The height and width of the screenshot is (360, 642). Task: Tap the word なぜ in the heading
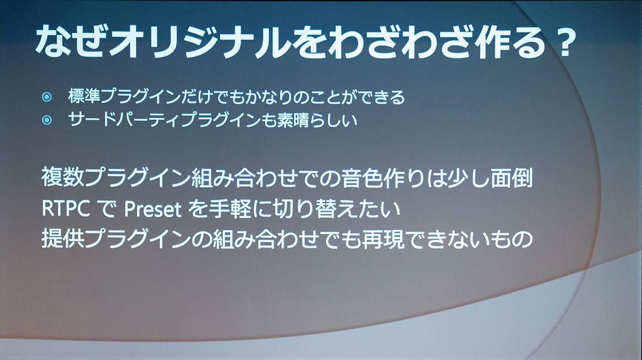[x=70, y=41]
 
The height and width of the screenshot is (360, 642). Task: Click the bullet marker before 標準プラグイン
[x=47, y=97]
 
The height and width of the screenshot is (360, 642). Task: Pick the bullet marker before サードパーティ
[x=47, y=120]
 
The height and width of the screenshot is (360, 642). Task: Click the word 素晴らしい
[x=317, y=120]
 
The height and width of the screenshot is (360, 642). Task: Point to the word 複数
[x=63, y=177]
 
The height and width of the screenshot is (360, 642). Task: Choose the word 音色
[x=363, y=177]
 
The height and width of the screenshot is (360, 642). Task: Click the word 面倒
[x=512, y=177]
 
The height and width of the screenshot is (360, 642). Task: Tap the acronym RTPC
[x=66, y=209]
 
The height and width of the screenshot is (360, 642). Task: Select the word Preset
[x=152, y=209]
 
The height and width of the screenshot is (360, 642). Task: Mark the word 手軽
[x=229, y=208]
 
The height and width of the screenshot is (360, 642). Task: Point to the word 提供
[x=63, y=239]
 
